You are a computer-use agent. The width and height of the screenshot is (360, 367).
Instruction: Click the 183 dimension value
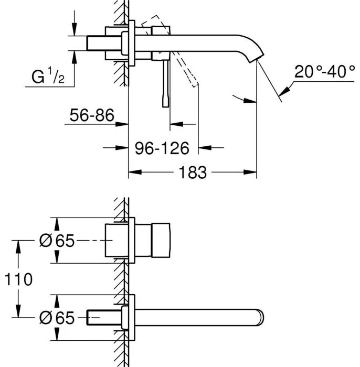pyautogui.click(x=193, y=172)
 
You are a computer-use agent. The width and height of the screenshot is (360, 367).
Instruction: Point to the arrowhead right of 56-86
pyautogui.click(x=124, y=124)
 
